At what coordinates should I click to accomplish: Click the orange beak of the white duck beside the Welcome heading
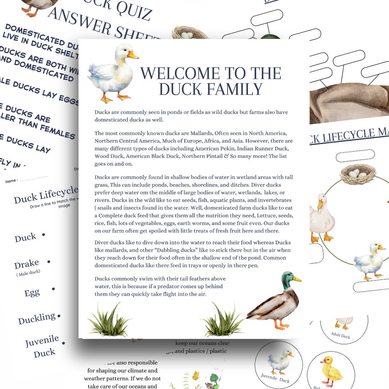[133, 55]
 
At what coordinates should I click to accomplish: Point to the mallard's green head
[287, 280]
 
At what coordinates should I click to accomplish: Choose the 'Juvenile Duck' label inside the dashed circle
[275, 378]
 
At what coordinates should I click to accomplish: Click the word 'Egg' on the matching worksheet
[32, 292]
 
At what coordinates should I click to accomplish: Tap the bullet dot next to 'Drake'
[49, 262]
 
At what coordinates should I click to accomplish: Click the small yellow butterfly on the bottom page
[196, 376]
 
